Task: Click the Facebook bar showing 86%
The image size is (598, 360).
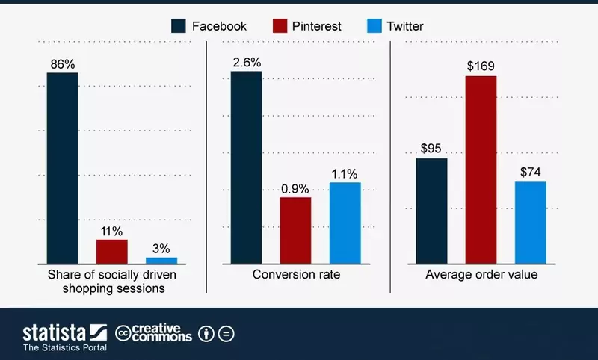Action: point(62,168)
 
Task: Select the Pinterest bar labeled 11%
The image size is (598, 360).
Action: point(111,251)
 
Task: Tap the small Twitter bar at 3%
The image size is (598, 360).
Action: point(161,260)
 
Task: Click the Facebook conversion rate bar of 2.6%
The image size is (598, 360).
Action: point(246,167)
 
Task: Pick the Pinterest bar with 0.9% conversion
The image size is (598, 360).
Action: point(295,230)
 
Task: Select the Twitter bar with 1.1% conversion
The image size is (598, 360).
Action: point(345,223)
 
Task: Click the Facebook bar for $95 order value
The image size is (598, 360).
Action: point(431,211)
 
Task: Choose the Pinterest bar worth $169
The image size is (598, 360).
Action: point(481,170)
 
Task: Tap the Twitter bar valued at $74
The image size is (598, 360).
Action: point(530,222)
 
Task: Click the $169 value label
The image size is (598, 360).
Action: point(481,66)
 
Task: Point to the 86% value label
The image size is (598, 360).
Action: point(62,64)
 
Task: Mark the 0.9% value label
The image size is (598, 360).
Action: point(295,188)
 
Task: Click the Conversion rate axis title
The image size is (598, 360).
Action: point(296,275)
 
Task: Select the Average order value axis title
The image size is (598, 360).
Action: point(481,275)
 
